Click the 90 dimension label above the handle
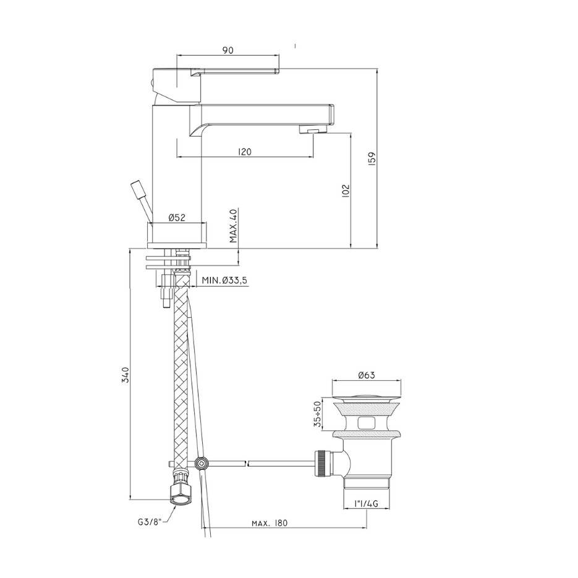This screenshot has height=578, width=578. click(227, 51)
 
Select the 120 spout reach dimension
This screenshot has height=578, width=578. click(244, 151)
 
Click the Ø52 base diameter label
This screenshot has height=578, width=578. click(177, 218)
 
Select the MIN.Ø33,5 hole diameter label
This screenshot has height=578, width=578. click(224, 281)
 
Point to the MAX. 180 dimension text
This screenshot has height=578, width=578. click(270, 523)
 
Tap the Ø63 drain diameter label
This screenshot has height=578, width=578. click(367, 375)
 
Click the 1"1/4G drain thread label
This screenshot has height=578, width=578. click(366, 504)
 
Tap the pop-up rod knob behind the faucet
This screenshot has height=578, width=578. click(136, 188)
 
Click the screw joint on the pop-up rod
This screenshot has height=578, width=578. click(200, 462)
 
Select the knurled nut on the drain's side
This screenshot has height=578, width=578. click(323, 462)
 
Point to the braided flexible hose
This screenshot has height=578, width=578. click(180, 371)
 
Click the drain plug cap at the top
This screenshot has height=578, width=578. click(367, 394)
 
